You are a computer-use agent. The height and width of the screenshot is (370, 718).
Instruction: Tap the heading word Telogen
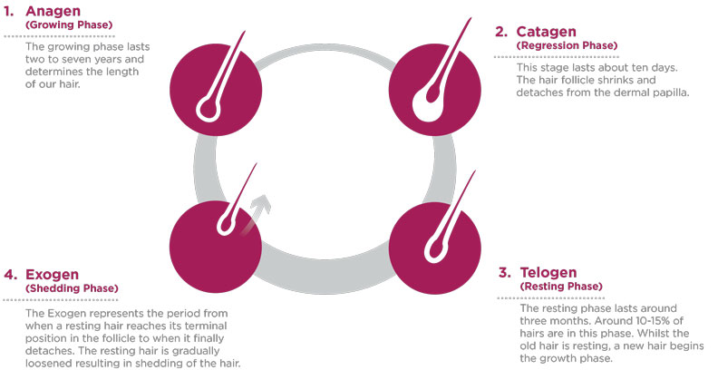pos(548,273)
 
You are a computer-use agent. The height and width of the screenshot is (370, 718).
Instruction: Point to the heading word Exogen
pos(53,275)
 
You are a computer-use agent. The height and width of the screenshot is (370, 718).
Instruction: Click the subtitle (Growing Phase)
pos(69,24)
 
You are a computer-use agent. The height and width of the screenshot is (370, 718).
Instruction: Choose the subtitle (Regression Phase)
pos(567,45)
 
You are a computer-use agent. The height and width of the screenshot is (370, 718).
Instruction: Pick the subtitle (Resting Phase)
pos(561,287)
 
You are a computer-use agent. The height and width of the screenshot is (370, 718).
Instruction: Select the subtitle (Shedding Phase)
pos(72,288)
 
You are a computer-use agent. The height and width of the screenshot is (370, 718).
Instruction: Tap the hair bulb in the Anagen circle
pos(209,110)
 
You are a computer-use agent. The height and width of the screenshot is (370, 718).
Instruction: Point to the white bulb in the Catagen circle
pos(427,104)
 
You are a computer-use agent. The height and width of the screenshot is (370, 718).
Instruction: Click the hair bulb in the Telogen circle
pos(435,250)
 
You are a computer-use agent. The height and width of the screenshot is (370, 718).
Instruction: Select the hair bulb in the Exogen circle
pos(227,224)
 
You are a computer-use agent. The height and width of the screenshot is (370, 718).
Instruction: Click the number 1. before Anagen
pos(9,12)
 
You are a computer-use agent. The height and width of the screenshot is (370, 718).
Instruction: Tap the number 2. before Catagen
pos(501,32)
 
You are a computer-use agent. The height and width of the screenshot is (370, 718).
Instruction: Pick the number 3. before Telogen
pos(505,273)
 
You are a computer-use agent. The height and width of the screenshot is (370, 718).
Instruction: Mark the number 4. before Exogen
pos(11,275)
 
